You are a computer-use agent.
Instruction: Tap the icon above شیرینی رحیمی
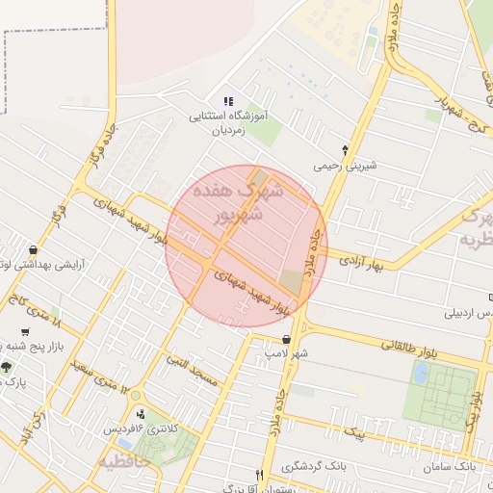tap(346, 150)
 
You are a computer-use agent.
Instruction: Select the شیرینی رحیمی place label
tap(345, 166)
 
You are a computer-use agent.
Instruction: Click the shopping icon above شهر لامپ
tap(287, 339)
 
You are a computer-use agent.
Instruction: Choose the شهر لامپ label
tap(288, 354)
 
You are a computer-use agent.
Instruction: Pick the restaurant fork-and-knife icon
tap(259, 475)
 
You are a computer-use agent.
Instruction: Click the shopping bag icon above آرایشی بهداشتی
tap(34, 249)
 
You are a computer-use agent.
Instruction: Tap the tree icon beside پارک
tap(7, 367)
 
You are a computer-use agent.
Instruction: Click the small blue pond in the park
tap(421, 373)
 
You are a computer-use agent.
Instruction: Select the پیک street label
tap(358, 432)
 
